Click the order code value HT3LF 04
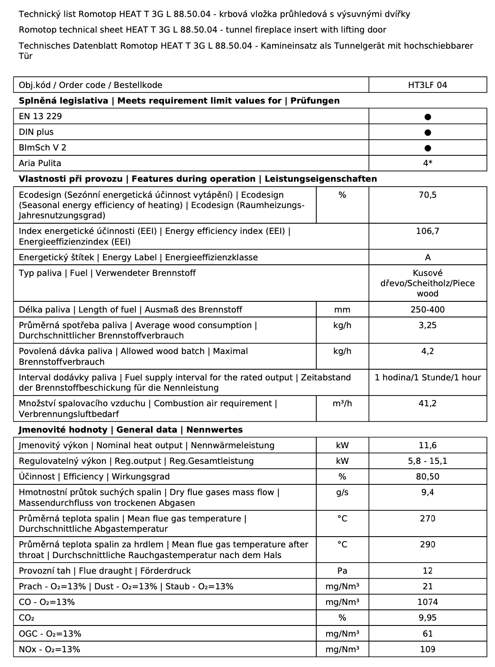428,85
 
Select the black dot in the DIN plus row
428,132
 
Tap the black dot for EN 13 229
428,117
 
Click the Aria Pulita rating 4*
428,163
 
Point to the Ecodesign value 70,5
428,195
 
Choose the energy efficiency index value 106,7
428,231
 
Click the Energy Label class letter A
428,258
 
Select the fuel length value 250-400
428,310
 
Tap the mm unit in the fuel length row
342,310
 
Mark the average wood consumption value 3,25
428,325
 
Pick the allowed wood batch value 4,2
428,351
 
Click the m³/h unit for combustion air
342,404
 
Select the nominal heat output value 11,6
428,446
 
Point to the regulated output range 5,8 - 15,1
428,461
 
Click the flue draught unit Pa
342,571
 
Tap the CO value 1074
428,602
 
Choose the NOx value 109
428,650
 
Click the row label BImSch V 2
42,148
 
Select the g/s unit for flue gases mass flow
342,492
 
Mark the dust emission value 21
428,587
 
